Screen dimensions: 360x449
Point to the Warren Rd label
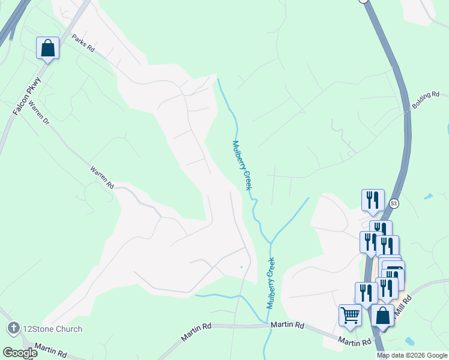tap(102, 178)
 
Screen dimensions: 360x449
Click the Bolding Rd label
tap(426, 100)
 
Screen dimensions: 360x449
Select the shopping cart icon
tap(350, 314)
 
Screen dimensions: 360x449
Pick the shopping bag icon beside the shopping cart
tap(382, 315)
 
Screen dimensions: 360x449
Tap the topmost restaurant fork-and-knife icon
tap(373, 200)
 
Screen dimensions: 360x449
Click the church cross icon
tap(13, 328)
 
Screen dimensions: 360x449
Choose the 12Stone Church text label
tap(52, 329)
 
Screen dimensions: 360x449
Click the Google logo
tap(20, 353)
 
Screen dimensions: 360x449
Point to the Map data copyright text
tap(411, 355)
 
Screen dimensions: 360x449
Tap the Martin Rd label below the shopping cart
tap(354, 342)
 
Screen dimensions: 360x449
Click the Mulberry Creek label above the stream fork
tap(241, 166)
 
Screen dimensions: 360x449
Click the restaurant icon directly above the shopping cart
tap(366, 293)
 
